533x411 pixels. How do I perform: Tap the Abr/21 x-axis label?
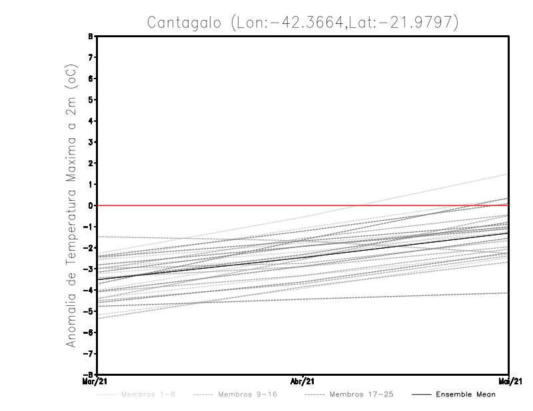(303, 381)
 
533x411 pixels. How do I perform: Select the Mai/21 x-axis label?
(509, 381)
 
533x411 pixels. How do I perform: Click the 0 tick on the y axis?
(90, 205)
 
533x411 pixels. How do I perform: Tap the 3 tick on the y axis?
(90, 142)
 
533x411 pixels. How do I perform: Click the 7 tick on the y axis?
(90, 58)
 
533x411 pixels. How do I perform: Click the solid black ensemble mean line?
(303, 257)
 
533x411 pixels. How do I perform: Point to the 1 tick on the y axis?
(90, 184)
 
